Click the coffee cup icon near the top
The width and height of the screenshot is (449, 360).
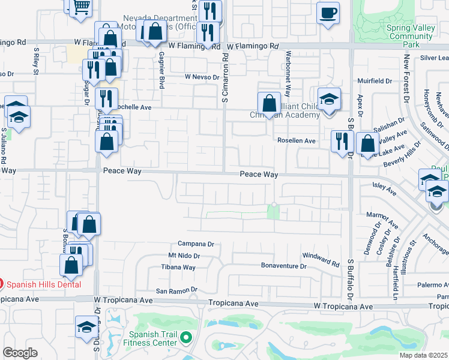pyautogui.click(x=328, y=13)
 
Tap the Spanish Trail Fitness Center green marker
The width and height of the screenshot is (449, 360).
pyautogui.click(x=186, y=338)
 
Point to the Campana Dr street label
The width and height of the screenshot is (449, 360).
pyautogui.click(x=196, y=244)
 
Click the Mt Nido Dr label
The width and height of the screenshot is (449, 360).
pyautogui.click(x=184, y=256)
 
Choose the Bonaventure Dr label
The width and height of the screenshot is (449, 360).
pyautogui.click(x=284, y=265)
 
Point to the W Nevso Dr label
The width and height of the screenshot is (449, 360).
pyautogui.click(x=202, y=77)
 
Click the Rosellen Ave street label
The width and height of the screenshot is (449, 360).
pyautogui.click(x=296, y=141)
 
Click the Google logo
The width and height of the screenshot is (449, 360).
pyautogui.click(x=20, y=353)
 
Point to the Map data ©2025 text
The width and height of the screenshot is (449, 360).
pyautogui.click(x=423, y=355)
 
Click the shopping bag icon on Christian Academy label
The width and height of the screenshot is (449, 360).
pyautogui.click(x=269, y=103)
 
